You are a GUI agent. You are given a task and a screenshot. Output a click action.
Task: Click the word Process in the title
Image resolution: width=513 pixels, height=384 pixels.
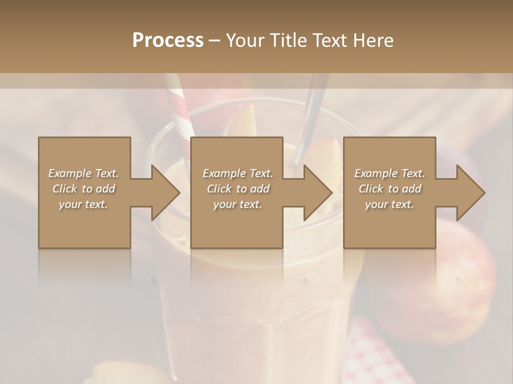click(x=168, y=41)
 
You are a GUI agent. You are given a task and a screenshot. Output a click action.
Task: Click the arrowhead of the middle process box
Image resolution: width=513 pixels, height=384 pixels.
click(x=317, y=193)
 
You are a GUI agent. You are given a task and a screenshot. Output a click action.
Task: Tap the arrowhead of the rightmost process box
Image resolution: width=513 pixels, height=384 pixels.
click(x=470, y=193)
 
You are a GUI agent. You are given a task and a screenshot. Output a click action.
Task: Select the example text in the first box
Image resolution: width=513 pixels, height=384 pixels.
click(x=84, y=189)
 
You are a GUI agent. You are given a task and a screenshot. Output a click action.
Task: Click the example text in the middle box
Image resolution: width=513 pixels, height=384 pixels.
click(x=237, y=189)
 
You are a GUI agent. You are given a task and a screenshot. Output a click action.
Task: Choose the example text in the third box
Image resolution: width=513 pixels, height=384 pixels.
click(x=390, y=189)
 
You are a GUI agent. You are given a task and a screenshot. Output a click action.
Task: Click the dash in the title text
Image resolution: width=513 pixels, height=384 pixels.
click(x=215, y=41)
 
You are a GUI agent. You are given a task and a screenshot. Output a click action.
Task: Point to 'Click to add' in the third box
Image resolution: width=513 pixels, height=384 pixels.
click(x=390, y=189)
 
